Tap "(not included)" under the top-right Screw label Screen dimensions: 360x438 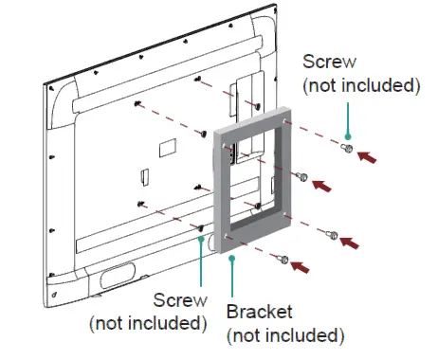360,85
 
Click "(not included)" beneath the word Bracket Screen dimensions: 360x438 284,335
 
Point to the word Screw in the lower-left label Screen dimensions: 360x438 178,301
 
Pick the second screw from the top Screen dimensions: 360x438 302,176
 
